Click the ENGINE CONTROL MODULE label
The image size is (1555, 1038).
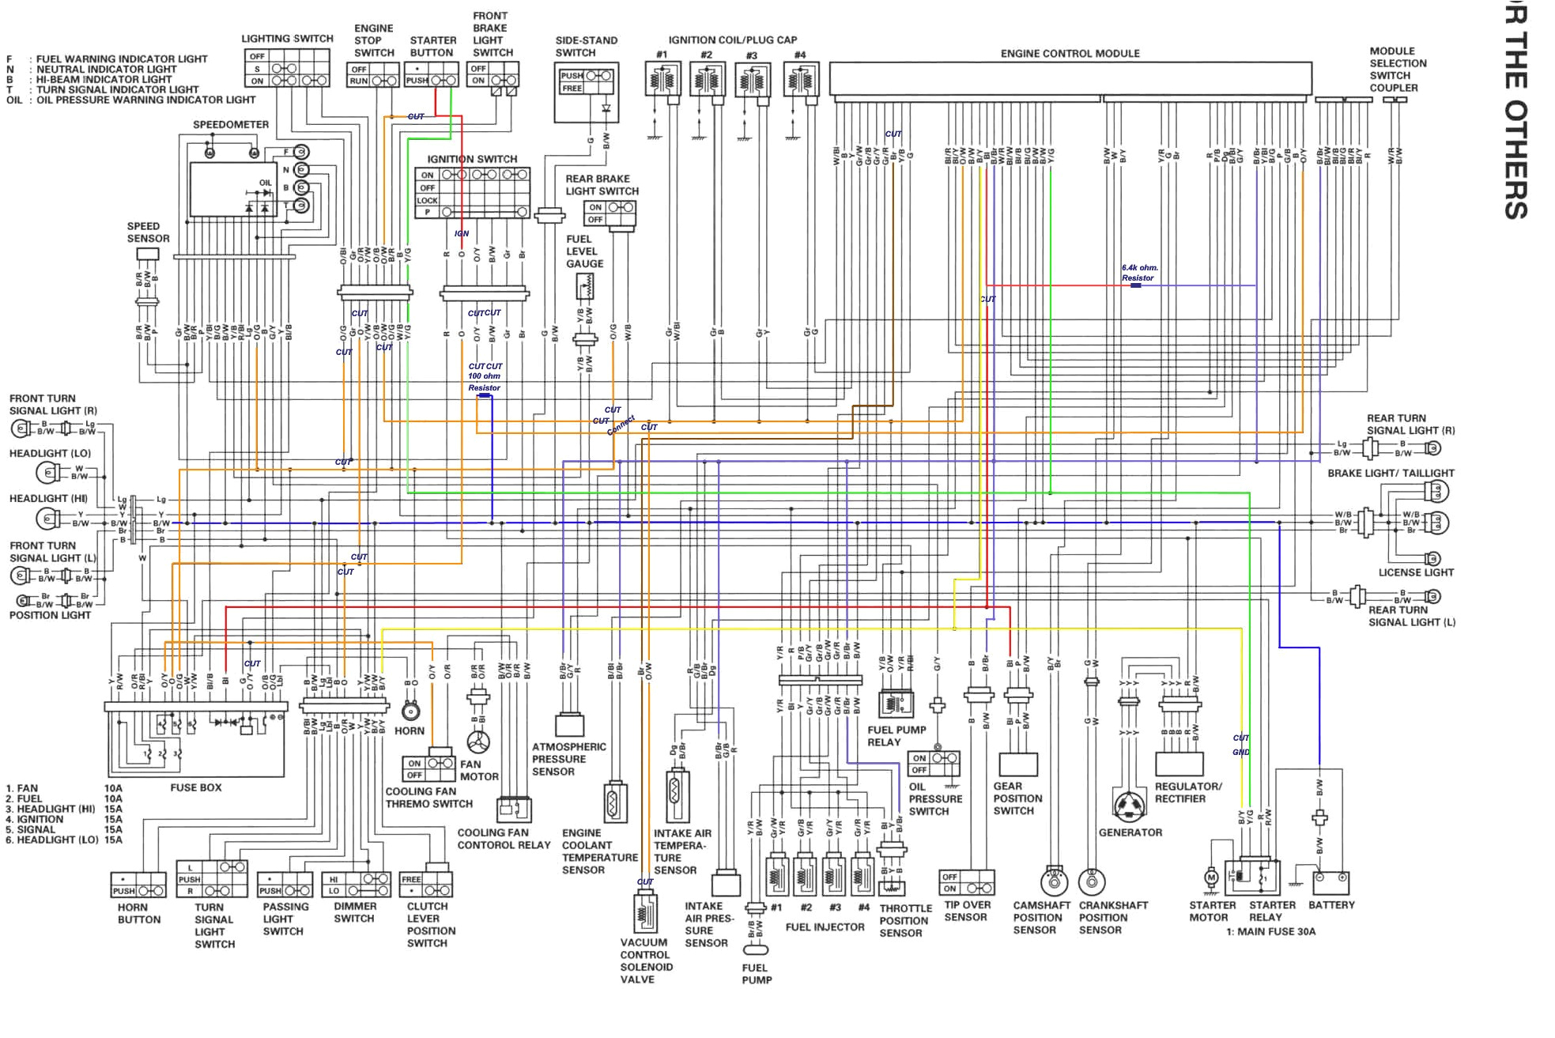coord(1070,54)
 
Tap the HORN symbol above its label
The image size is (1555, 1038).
coord(410,710)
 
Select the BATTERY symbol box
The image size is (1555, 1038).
coord(1331,882)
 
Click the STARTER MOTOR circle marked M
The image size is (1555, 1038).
coord(1210,877)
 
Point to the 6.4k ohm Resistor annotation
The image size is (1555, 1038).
coord(1138,273)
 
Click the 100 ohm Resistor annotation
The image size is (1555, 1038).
coord(484,382)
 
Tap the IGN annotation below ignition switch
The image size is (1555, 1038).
coord(462,233)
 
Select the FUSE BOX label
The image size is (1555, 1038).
coord(195,787)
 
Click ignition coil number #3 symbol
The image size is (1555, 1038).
coord(752,80)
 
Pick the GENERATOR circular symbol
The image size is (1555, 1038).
coord(1130,806)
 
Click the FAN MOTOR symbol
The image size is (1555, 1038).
coord(478,742)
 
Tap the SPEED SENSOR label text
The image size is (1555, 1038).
coord(148,232)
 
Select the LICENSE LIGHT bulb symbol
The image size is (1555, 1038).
coord(1432,559)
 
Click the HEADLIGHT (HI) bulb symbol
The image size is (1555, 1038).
coord(47,519)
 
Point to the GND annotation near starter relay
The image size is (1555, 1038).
coord(1240,752)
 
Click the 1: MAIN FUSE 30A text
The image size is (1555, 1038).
coord(1270,931)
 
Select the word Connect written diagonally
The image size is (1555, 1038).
coord(621,425)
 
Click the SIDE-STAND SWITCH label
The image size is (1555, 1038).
coord(586,47)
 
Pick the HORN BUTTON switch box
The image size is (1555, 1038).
coord(139,885)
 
